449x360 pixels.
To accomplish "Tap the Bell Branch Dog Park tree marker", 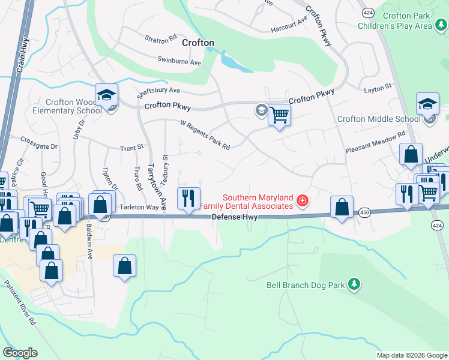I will (354, 284).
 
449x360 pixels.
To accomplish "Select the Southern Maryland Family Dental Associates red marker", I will (303, 200).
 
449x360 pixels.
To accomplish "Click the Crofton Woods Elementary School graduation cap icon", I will (106, 95).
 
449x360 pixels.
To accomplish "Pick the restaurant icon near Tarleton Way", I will (188, 198).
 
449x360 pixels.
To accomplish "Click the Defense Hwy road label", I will (235, 217).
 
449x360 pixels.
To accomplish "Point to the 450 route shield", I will (365, 212).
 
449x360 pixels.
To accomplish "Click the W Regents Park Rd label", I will (205, 135).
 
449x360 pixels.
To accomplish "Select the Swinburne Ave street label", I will (179, 61).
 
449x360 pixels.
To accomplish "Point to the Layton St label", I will (378, 87).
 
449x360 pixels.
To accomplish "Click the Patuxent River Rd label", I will (20, 303).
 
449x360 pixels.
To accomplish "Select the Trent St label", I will (132, 147).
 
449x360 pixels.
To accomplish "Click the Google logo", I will (20, 353).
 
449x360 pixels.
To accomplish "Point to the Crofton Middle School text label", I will (379, 119).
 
